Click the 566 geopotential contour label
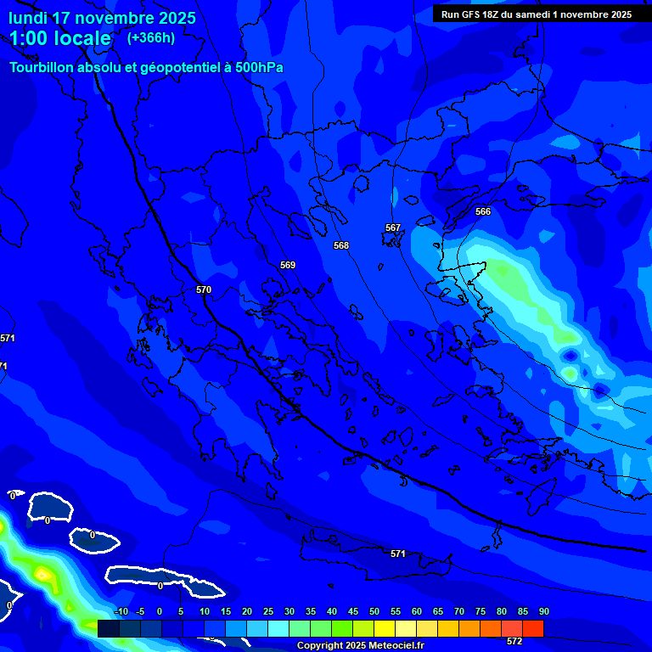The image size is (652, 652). click(x=483, y=211)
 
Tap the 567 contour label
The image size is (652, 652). click(x=392, y=228)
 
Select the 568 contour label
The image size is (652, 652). click(x=341, y=245)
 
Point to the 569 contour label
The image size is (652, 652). click(x=288, y=265)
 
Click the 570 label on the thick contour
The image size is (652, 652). click(x=204, y=289)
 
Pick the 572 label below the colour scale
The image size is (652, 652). click(x=514, y=641)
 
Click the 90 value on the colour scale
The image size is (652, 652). click(x=543, y=611)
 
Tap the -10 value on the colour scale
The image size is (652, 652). click(x=120, y=611)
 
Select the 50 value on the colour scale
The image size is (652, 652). click(x=374, y=611)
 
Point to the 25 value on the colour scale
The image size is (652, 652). click(x=267, y=611)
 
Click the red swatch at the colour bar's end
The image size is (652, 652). click(x=532, y=628)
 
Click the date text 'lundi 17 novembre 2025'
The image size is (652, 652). click(x=103, y=18)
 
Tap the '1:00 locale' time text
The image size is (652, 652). click(x=60, y=38)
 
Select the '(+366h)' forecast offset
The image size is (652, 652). click(x=151, y=37)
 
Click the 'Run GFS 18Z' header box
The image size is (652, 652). click(x=537, y=14)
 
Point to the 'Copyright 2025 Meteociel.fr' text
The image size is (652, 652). click(x=360, y=646)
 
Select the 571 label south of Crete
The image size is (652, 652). click(x=397, y=554)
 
